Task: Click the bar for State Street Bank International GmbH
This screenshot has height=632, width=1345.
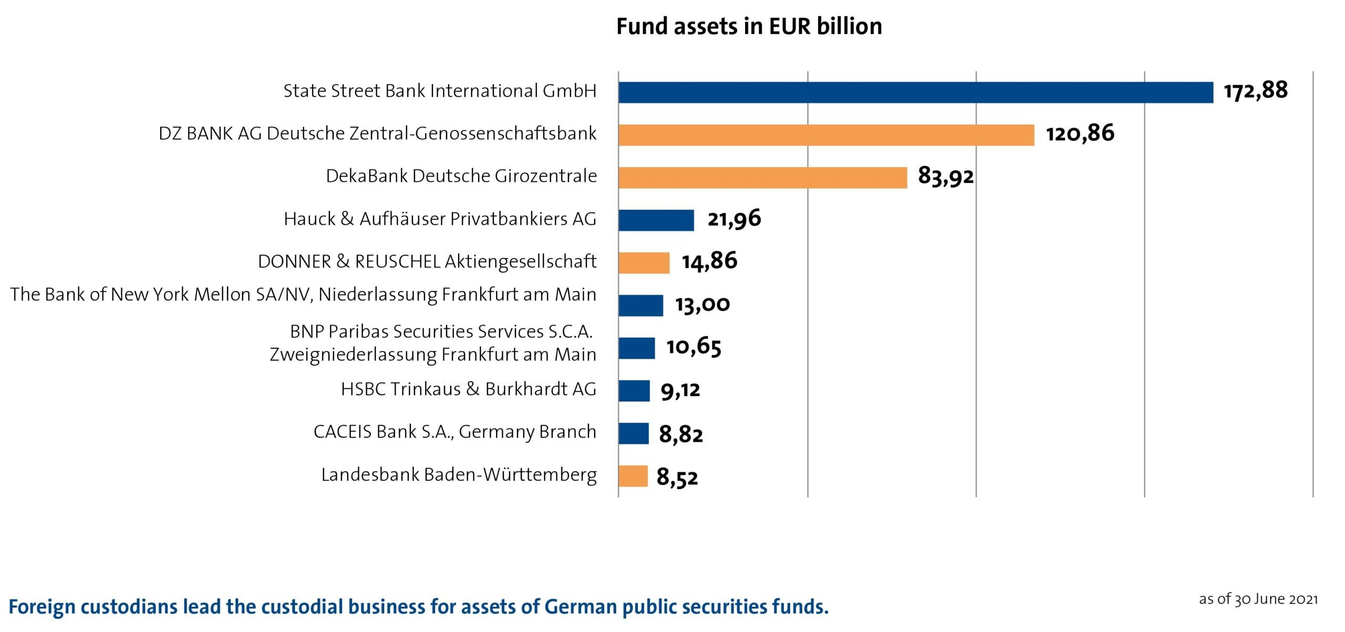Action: (x=915, y=92)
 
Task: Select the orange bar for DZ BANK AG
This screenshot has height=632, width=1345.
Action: (x=826, y=135)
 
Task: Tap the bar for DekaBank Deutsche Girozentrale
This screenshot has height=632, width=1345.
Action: (x=762, y=178)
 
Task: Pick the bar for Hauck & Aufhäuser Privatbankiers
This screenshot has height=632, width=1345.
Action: (x=656, y=220)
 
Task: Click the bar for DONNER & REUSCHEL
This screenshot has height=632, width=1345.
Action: (x=644, y=263)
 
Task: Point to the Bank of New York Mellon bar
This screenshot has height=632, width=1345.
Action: (x=640, y=306)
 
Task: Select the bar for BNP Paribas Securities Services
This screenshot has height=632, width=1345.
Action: (x=636, y=348)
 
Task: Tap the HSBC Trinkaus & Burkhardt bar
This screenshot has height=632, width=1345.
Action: (x=634, y=391)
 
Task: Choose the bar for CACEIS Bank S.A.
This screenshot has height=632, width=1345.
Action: (x=633, y=433)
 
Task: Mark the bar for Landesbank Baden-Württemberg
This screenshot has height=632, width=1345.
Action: (x=633, y=476)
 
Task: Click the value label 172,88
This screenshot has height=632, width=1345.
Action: (x=1256, y=91)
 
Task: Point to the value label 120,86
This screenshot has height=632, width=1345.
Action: (x=1080, y=133)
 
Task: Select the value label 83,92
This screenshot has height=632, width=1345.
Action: (x=946, y=176)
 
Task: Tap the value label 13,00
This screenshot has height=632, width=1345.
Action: (x=702, y=304)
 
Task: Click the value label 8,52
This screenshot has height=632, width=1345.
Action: (x=677, y=478)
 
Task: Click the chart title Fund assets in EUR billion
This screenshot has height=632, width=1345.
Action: (x=749, y=26)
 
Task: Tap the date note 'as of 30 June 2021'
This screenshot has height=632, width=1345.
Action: (x=1258, y=599)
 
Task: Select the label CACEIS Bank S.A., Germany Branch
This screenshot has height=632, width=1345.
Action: (x=455, y=432)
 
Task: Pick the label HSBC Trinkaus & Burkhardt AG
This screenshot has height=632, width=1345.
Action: (x=469, y=389)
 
